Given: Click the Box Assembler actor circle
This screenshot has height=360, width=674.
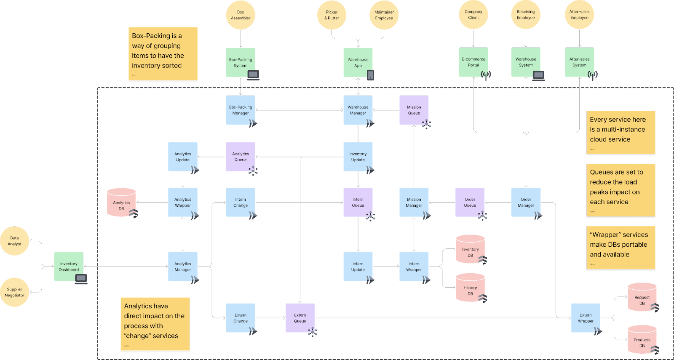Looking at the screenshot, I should point(241,15).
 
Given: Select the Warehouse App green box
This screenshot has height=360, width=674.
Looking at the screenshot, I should point(358,62).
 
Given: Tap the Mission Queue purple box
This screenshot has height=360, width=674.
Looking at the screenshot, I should point(414,110).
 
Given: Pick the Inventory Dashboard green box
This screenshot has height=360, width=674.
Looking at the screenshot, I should point(69,267).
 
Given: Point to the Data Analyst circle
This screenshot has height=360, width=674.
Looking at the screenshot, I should point(14,241).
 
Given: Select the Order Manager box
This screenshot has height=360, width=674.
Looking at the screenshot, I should point(526,203).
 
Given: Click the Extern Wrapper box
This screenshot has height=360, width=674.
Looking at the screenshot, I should point(586,318).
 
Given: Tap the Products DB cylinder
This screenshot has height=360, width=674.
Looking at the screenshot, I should point(642,340).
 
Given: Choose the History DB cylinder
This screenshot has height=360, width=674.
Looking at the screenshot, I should point(470,288).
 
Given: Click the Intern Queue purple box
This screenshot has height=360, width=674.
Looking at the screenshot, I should point(358,203).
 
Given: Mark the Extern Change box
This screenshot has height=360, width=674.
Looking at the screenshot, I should point(241,318).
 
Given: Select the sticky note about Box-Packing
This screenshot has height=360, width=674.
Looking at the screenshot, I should point(163,53).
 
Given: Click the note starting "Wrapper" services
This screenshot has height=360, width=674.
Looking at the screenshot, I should point(621,248).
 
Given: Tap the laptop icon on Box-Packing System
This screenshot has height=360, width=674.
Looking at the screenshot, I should point(253,75).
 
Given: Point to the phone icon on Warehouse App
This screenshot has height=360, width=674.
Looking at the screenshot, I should point(370,75).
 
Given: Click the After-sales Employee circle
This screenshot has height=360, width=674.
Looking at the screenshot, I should point(579,15).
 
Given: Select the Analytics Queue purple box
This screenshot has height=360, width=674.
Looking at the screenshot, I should point(241,157).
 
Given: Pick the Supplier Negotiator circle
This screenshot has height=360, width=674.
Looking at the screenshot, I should point(14,292).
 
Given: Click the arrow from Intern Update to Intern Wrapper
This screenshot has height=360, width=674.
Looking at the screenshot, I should point(386,267).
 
